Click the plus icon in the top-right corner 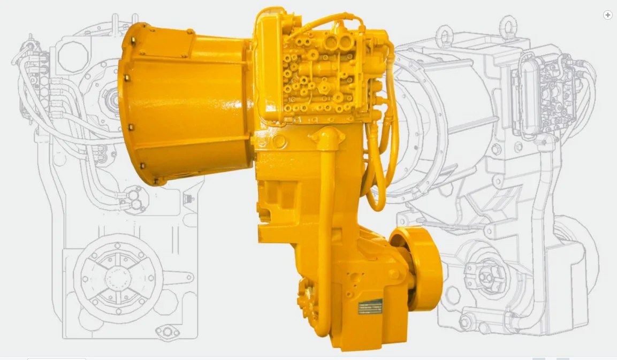point(607,15)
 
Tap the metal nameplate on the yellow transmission point(370,307)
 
